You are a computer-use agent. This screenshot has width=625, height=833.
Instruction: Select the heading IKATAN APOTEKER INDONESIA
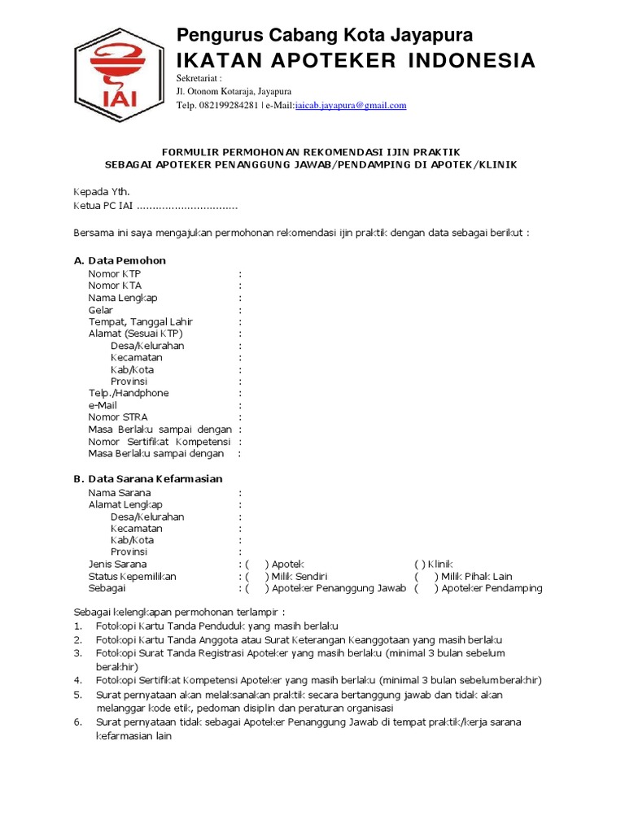pyautogui.click(x=356, y=61)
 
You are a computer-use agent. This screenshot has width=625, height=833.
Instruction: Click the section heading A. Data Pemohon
pyautogui.click(x=120, y=260)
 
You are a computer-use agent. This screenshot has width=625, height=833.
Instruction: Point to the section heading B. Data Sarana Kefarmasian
pyautogui.click(x=148, y=479)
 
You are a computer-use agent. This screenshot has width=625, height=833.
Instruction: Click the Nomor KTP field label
pyautogui.click(x=114, y=274)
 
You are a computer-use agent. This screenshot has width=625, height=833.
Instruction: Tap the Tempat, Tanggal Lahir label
pyautogui.click(x=141, y=322)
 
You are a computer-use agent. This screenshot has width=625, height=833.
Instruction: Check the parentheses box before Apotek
pyautogui.click(x=256, y=565)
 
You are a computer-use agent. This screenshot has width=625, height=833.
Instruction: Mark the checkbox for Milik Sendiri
pyautogui.click(x=256, y=577)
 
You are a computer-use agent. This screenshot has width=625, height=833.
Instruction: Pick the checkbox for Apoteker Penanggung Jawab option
pyautogui.click(x=256, y=589)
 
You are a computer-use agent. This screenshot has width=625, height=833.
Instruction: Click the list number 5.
pyautogui.click(x=77, y=696)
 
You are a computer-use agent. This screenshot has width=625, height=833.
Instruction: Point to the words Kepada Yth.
pyautogui.click(x=102, y=192)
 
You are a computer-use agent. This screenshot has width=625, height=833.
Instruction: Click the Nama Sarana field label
pyautogui.click(x=120, y=493)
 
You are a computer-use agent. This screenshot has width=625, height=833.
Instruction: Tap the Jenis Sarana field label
pyautogui.click(x=118, y=565)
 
